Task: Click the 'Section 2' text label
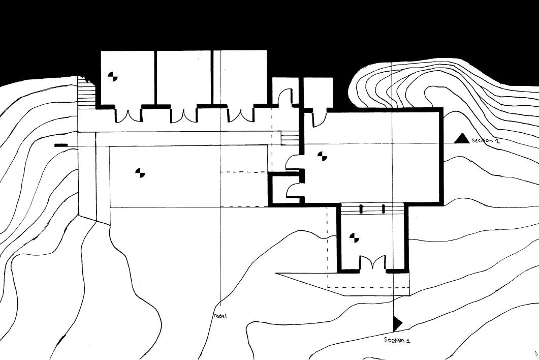tap(486, 141)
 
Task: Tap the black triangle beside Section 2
tap(462, 138)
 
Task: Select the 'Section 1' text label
tap(397, 340)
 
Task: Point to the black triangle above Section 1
tap(397, 323)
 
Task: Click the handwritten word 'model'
tap(219, 316)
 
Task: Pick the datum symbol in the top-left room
tap(113, 77)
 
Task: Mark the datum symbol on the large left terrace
tap(140, 173)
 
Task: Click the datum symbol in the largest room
tap(322, 156)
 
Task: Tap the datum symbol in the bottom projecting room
tap(355, 237)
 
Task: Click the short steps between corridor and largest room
tap(290, 138)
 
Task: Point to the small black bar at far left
tap(61, 145)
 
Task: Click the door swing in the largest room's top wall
tap(319, 119)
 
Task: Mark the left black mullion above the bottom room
tap(361, 209)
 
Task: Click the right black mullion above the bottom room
tap(383, 209)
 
